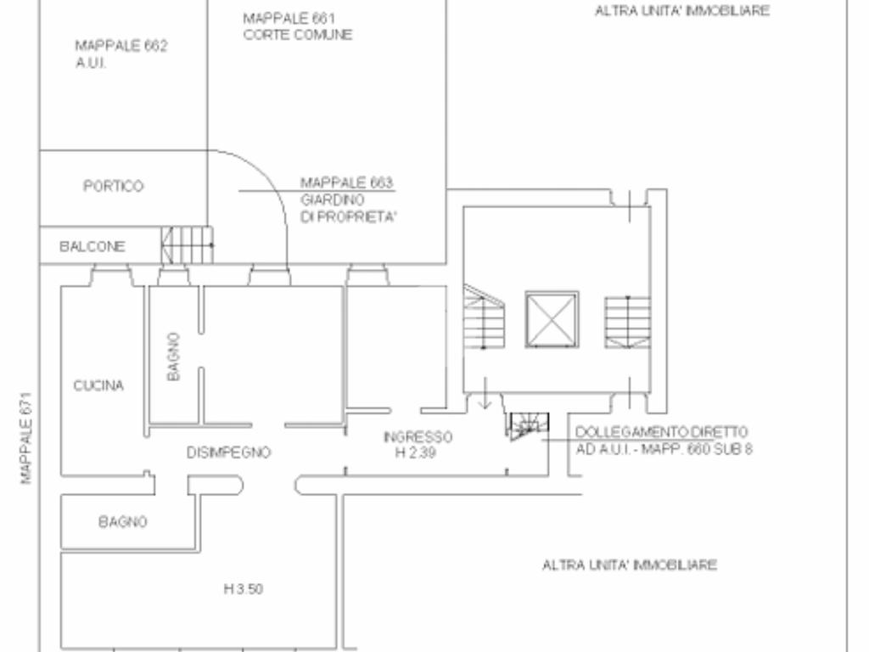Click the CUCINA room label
[x=98, y=385]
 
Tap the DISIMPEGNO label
[x=228, y=452]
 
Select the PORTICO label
[x=113, y=186]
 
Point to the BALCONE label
[x=92, y=246]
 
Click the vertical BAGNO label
[x=173, y=357]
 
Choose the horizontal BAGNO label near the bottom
[x=122, y=522]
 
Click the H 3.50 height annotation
[x=244, y=589]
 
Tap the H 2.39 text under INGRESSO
[x=416, y=452]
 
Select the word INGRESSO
[x=418, y=437]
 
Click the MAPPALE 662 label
[x=121, y=46]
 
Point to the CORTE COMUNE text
[x=298, y=34]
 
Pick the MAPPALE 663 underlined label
[x=346, y=183]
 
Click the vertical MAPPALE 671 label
[x=26, y=438]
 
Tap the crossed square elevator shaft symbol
[x=552, y=319]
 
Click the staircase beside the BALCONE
[x=188, y=244]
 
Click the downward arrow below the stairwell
[x=485, y=393]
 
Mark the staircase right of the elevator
[x=627, y=322]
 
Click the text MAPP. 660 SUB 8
[x=697, y=448]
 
